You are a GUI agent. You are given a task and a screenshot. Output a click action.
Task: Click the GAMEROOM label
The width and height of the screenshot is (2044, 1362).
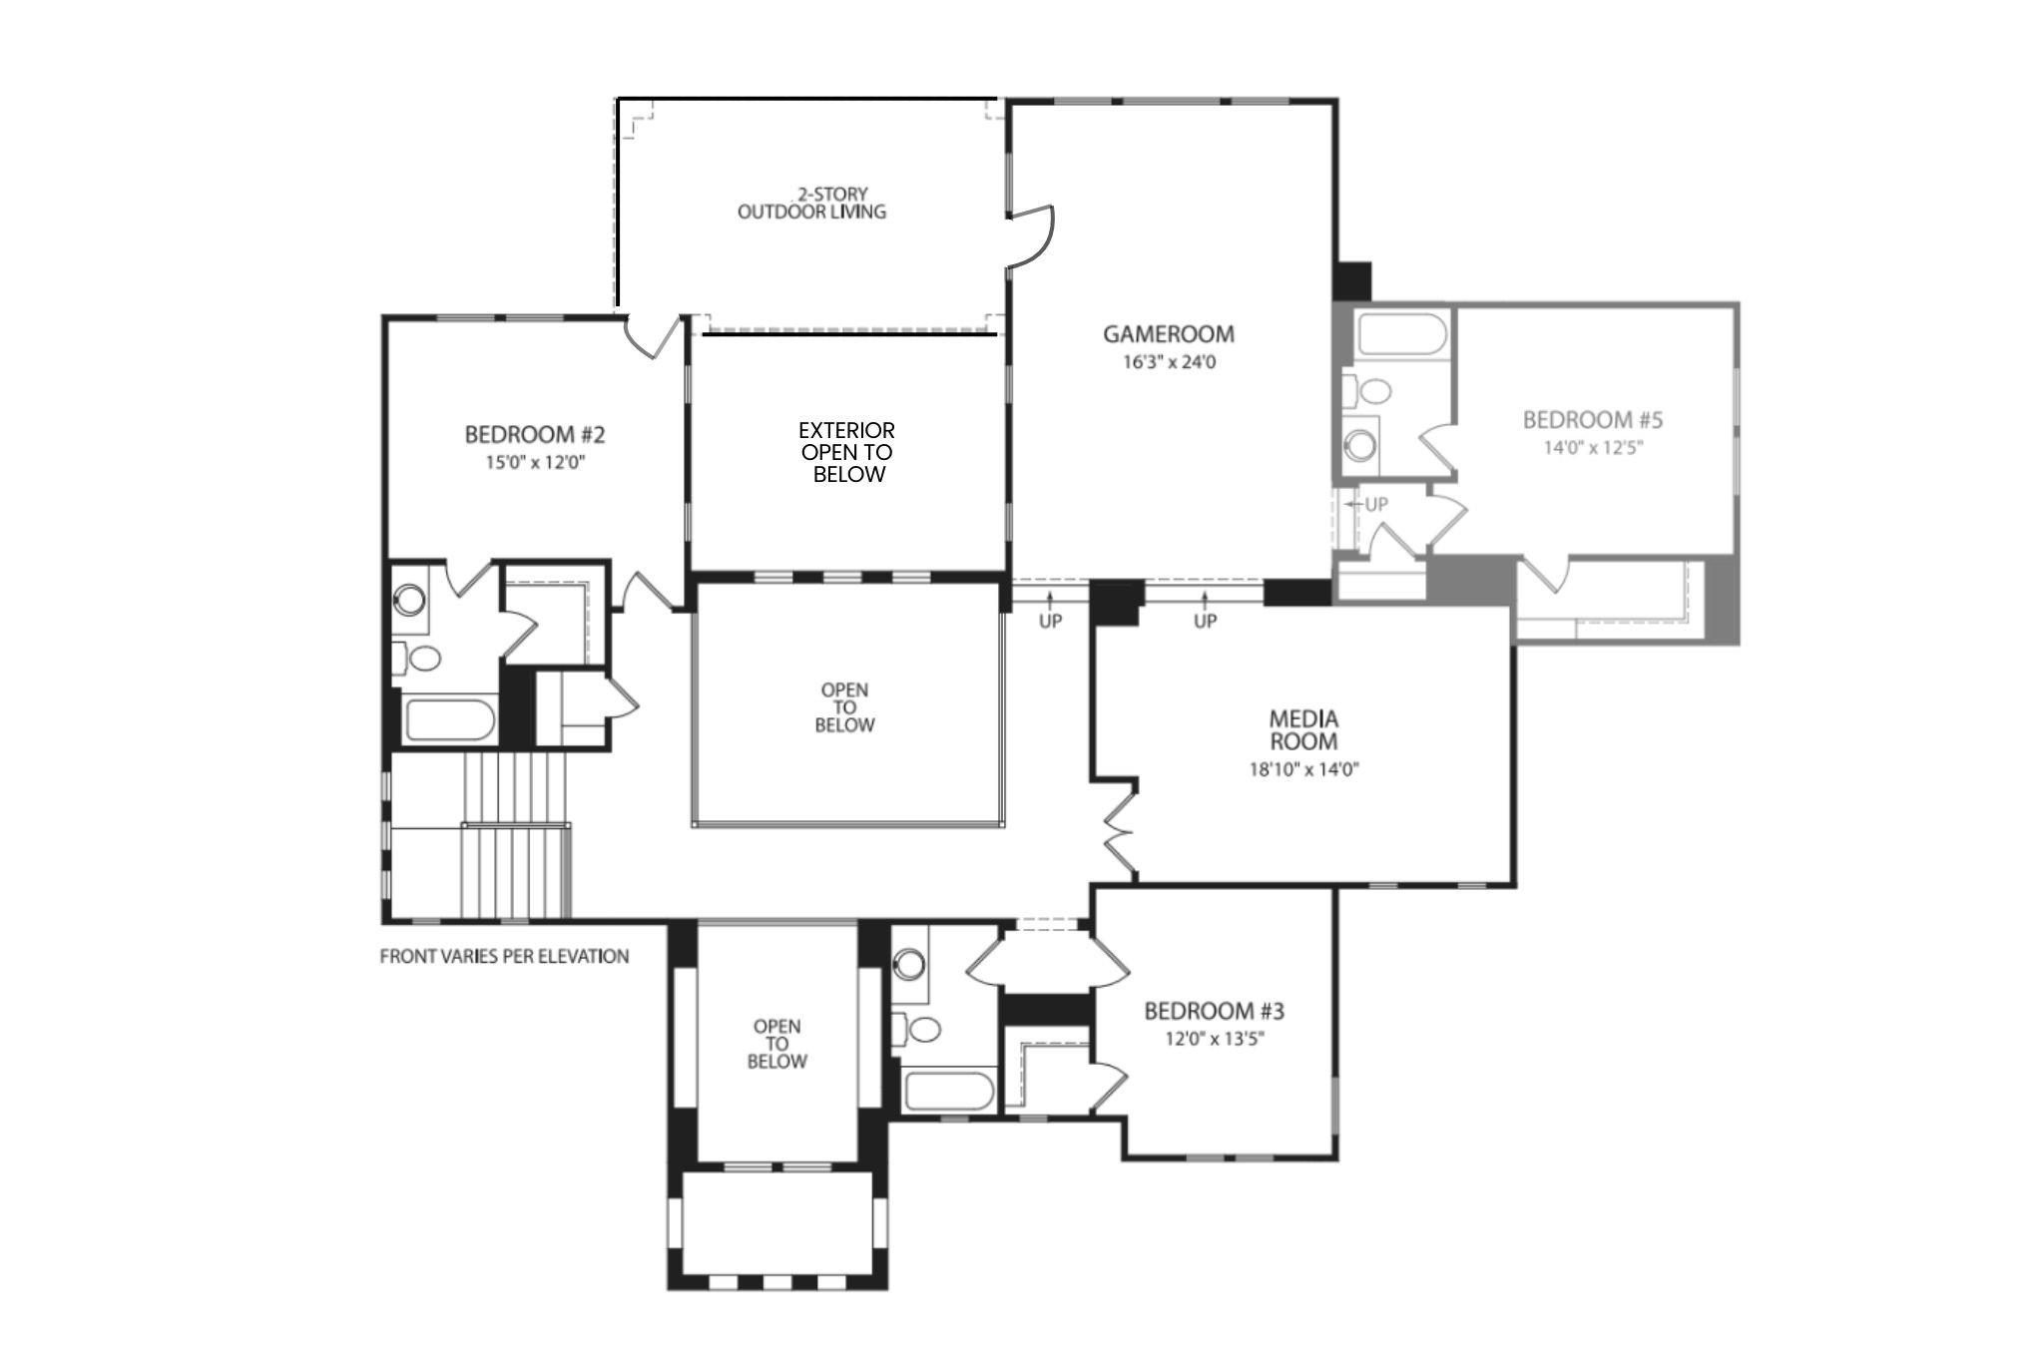pos(1168,334)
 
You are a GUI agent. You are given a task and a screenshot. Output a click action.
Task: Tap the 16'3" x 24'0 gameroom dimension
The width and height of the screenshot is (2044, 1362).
pos(1169,362)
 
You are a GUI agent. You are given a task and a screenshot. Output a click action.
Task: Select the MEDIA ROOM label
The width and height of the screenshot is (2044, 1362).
pos(1303,729)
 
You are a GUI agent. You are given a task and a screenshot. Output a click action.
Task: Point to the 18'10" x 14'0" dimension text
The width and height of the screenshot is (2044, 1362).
pos(1304,769)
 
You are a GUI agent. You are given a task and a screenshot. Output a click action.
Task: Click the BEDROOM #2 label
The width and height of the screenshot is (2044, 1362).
pos(535,435)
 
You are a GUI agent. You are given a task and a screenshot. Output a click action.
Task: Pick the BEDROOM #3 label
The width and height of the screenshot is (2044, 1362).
pos(1214,1011)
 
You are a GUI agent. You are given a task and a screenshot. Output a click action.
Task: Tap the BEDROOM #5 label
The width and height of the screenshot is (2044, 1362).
pos(1592,420)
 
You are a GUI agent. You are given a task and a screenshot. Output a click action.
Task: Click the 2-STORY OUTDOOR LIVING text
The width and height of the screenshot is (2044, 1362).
pos(811,203)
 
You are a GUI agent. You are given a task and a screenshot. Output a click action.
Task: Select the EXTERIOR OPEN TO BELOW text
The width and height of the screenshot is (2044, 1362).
pos(846,452)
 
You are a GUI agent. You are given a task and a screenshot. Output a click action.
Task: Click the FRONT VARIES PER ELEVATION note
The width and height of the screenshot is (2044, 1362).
pos(504,957)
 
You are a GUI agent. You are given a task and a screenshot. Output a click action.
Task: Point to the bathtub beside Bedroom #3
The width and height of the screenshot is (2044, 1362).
pos(947,1092)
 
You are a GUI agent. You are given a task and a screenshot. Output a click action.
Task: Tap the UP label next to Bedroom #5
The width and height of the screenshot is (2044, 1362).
pos(1375,505)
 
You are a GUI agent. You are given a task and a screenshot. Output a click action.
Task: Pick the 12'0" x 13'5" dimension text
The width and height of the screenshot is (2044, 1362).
pos(1214,1039)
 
